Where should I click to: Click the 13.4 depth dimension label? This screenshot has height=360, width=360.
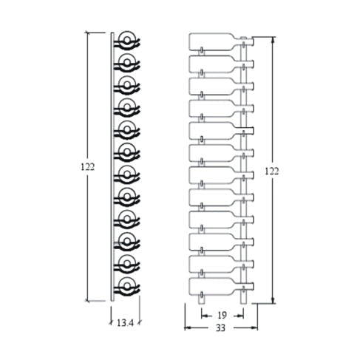(x=125, y=322)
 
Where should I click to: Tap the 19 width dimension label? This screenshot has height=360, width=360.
(x=222, y=315)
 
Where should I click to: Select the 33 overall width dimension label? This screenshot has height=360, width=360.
(x=220, y=328)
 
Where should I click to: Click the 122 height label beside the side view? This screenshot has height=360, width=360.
(x=88, y=167)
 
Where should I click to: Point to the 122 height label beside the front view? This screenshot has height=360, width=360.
(x=272, y=171)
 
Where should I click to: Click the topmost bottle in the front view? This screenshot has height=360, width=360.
(x=221, y=42)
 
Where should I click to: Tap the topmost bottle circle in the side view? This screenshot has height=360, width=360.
(x=127, y=39)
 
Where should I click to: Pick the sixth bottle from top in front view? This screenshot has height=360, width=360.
(x=221, y=153)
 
